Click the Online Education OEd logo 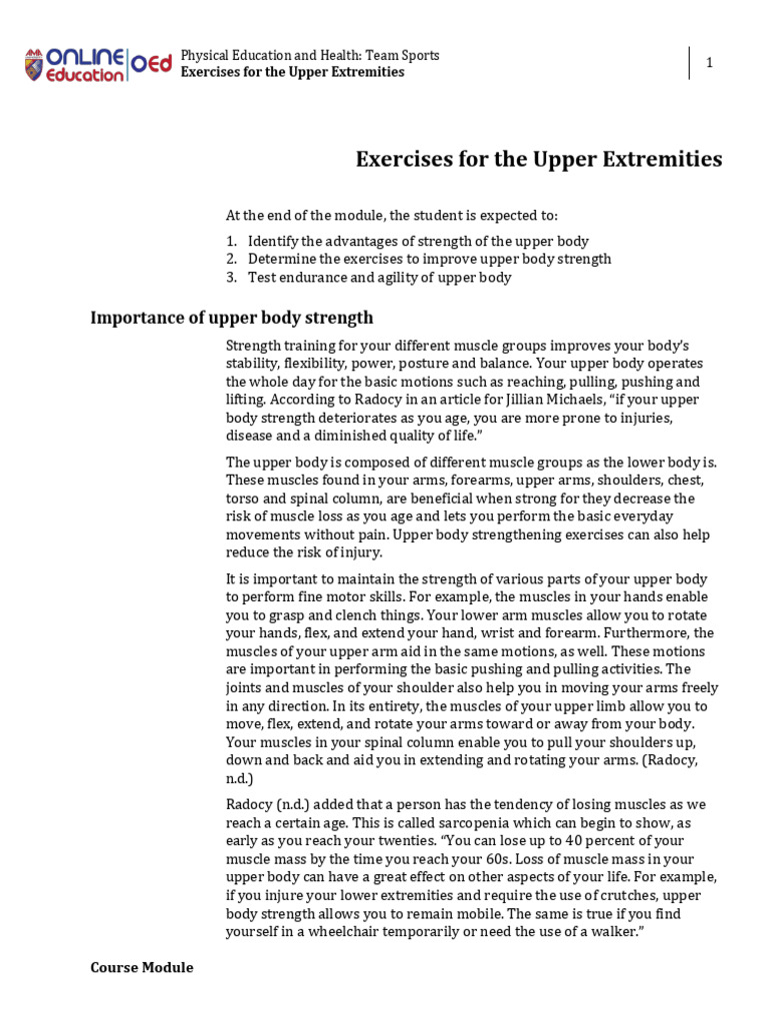pos(97,64)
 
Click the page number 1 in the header pos(710,63)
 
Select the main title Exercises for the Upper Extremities pos(539,159)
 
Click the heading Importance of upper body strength pos(232,318)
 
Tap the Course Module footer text pos(142,967)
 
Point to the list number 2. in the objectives pos(231,259)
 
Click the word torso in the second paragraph pos(244,498)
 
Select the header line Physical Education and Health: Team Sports pos(309,55)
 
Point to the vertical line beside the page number pos(689,63)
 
